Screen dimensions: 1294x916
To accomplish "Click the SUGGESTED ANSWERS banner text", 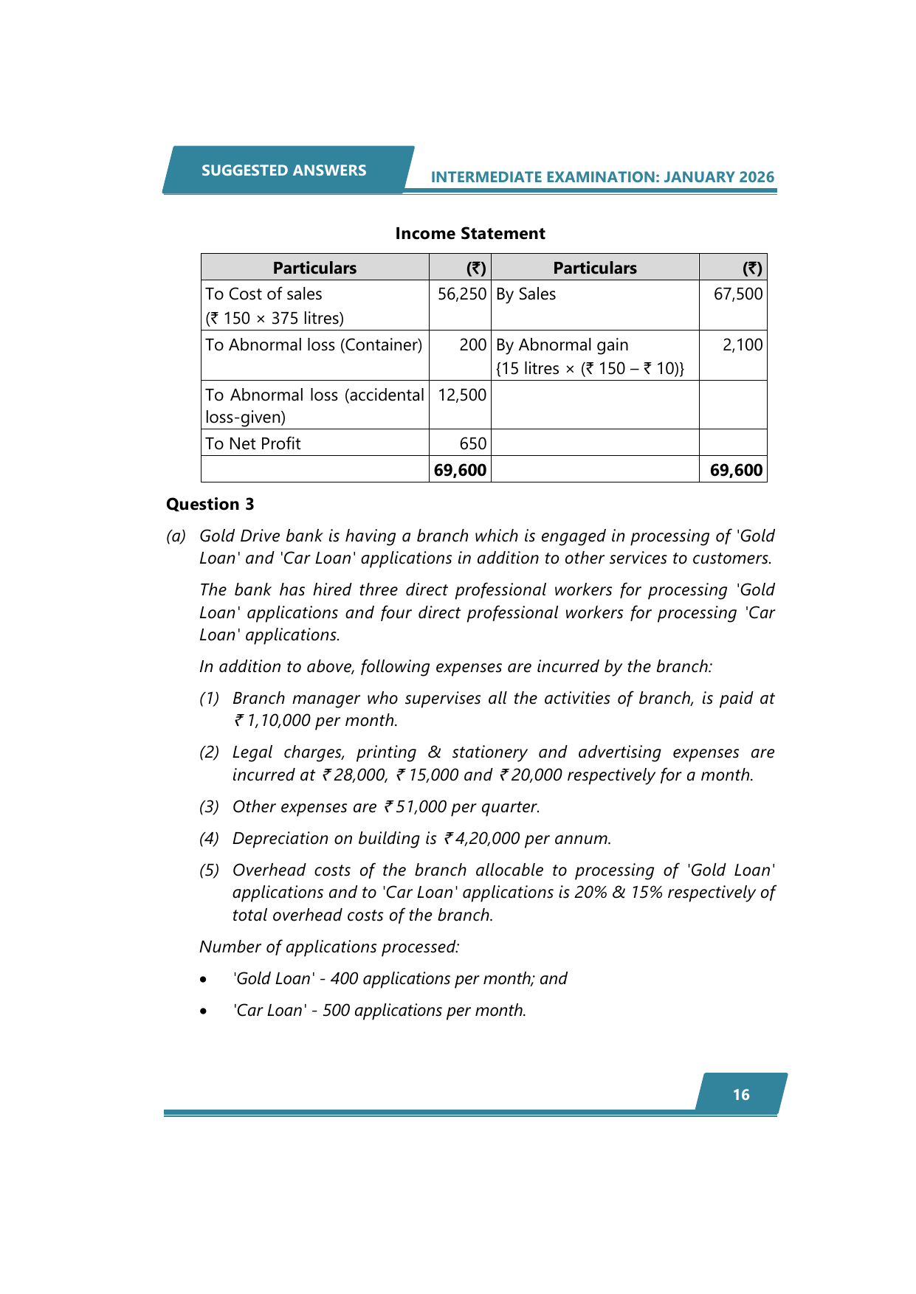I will coord(283,170).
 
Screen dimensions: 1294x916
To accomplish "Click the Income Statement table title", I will coord(470,234).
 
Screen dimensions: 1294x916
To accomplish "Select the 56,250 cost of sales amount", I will coord(462,294).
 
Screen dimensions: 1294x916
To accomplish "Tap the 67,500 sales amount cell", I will coord(737,294).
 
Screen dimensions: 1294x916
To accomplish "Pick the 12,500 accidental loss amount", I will coord(462,395).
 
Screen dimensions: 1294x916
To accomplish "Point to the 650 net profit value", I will coord(473,444).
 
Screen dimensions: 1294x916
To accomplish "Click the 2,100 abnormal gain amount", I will coord(743,345).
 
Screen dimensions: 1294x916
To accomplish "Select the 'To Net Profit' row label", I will coord(253,444).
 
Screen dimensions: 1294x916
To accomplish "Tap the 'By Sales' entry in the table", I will coord(526,294).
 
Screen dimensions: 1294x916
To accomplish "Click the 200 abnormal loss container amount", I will coord(473,345).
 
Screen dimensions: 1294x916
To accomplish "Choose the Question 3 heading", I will coord(210,505).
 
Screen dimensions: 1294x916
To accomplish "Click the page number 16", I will coord(741,1095).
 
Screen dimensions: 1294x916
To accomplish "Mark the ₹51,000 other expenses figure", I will coord(416,807).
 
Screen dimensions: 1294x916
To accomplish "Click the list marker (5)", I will coord(210,871).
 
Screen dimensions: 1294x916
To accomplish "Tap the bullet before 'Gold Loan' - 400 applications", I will coord(203,980).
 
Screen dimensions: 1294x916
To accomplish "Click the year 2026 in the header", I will coord(757,177).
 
